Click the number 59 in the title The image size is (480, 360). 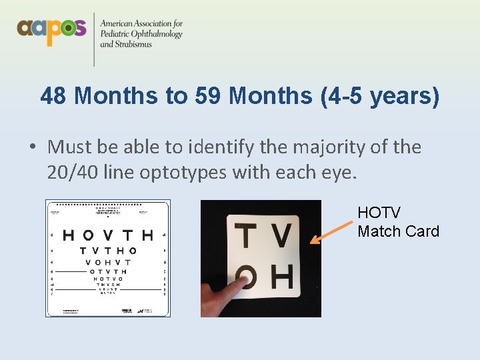coord(209,96)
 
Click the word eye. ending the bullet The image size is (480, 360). coord(339,173)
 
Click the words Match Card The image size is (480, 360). coord(398,231)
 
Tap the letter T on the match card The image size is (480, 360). coord(247,237)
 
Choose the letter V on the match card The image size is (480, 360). coord(282,235)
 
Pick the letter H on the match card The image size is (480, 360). coord(282,277)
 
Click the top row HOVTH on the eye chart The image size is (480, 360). coord(107,235)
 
